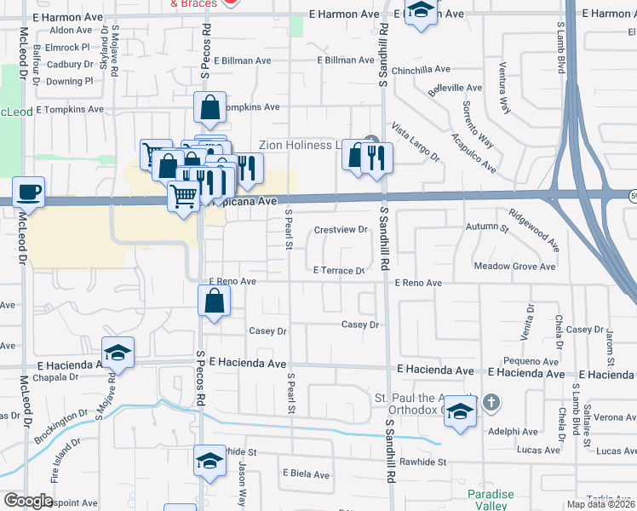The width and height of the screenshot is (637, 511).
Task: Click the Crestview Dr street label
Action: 340,230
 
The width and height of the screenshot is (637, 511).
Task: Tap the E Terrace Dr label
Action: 339,270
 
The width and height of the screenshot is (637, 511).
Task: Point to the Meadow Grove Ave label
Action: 514,267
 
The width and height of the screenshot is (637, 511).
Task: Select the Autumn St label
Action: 486,227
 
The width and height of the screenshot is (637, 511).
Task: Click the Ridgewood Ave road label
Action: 534,230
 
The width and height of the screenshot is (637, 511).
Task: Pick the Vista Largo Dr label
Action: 415,142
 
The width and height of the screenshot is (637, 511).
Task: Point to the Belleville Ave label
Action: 460,88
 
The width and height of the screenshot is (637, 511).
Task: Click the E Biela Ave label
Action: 306,474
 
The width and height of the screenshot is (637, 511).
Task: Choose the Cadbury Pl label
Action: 70,64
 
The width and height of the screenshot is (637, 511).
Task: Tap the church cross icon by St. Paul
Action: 491,401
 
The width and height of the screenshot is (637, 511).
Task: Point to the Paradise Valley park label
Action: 491,501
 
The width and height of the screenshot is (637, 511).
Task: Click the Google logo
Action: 28,501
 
